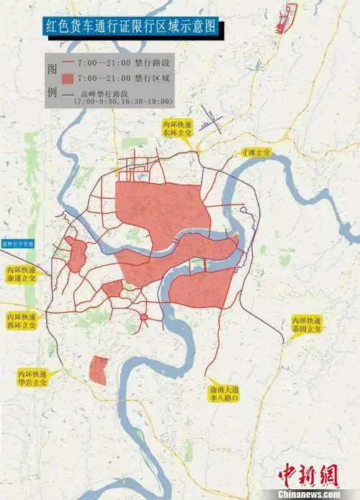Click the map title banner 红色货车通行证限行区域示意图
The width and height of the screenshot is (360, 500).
[x=130, y=28]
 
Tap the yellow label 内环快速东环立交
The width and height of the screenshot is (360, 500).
[x=177, y=130]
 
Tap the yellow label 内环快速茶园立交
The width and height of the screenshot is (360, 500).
[x=306, y=324]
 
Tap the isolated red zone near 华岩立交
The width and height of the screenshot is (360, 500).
[x=98, y=369]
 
